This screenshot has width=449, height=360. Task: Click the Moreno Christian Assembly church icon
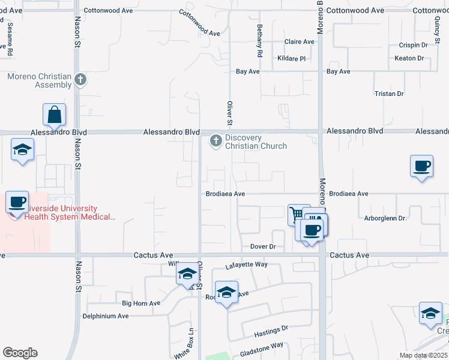pyautogui.click(x=82, y=79)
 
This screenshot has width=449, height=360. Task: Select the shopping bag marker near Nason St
pyautogui.click(x=54, y=115)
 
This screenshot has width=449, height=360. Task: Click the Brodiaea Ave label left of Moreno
pyautogui.click(x=226, y=194)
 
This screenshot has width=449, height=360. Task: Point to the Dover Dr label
pyautogui.click(x=262, y=247)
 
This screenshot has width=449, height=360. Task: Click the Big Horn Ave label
pyautogui.click(x=141, y=304)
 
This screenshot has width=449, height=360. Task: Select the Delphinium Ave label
pyautogui.click(x=106, y=316)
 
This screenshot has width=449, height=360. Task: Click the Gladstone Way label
pyautogui.click(x=262, y=345)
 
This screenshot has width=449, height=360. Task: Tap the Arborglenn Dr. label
pyautogui.click(x=385, y=218)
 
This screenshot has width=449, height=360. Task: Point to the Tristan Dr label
pyautogui.click(x=389, y=94)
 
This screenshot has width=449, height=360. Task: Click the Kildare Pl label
pyautogui.click(x=292, y=59)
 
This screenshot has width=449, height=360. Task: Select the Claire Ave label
pyautogui.click(x=300, y=42)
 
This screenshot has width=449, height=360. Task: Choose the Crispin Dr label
pyautogui.click(x=412, y=45)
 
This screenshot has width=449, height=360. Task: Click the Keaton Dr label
pyautogui.click(x=409, y=58)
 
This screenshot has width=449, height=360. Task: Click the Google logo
pyautogui.click(x=20, y=353)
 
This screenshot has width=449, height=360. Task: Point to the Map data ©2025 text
pyautogui.click(x=423, y=355)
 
